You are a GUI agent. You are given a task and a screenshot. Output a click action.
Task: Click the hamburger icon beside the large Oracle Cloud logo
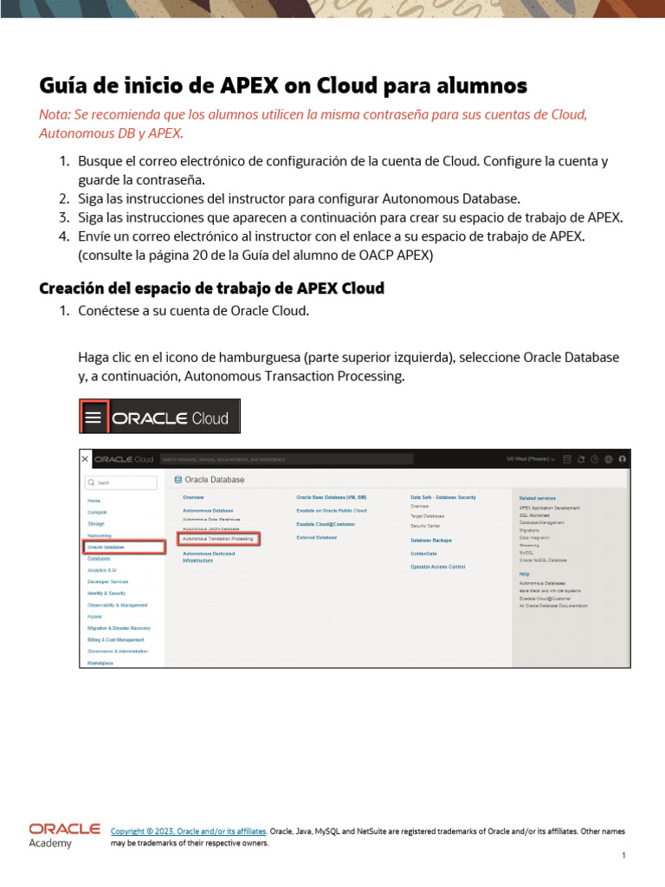[94, 418]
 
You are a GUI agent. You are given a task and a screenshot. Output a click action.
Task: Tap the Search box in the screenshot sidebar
[120, 482]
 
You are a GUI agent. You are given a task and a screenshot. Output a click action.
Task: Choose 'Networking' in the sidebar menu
[100, 536]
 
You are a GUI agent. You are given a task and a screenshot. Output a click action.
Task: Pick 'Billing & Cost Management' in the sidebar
[116, 639]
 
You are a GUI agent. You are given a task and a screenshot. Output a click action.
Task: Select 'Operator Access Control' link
[437, 566]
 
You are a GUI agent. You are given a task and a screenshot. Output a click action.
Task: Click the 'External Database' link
[316, 538]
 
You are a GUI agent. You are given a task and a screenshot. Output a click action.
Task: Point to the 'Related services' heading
[538, 498]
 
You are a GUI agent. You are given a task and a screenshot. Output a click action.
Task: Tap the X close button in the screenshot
[85, 458]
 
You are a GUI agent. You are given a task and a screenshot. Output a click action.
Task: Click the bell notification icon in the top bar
[581, 459]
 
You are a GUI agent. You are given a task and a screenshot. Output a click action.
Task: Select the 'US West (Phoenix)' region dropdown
[532, 459]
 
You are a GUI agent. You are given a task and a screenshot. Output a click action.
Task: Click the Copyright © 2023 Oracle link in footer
[189, 831]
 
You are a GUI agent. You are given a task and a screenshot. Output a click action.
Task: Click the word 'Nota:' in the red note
[57, 115]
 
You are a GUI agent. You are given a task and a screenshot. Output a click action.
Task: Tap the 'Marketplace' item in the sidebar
[100, 662]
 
